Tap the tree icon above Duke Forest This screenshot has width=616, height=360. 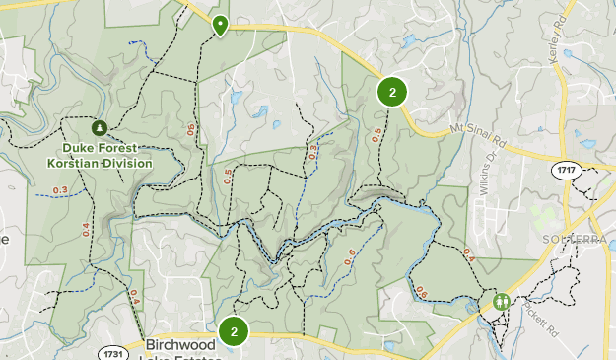click(100, 128)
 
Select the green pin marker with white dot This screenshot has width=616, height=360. click(220, 25)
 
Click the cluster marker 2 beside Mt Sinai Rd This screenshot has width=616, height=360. click(392, 93)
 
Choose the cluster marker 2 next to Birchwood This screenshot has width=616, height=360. click(234, 331)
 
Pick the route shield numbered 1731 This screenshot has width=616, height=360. click(113, 351)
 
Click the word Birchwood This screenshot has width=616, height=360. click(179, 346)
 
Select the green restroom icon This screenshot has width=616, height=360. click(503, 302)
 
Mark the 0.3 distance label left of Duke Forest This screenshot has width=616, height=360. click(60, 191)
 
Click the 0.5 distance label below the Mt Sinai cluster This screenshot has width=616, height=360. click(376, 137)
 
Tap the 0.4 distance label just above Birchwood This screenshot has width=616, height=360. click(133, 299)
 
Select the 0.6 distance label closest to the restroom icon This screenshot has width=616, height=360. click(422, 293)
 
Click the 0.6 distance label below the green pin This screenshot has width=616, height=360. click(191, 129)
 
